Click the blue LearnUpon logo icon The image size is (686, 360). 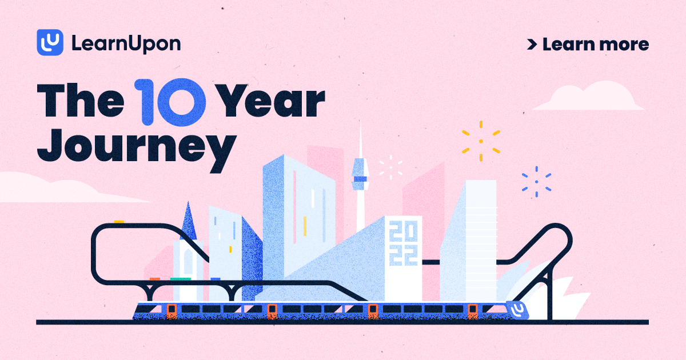[50, 43]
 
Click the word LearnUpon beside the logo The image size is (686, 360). [126, 43]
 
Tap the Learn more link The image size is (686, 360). [595, 44]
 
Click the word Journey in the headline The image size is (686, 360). [139, 145]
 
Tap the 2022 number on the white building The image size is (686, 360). [403, 243]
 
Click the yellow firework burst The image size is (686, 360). [481, 141]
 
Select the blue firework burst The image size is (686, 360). [536, 182]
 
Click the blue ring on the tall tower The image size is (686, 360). [360, 179]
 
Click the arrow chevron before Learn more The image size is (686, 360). [532, 44]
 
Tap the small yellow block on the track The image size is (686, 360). [119, 222]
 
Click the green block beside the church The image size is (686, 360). [180, 279]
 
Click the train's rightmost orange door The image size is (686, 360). [473, 311]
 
